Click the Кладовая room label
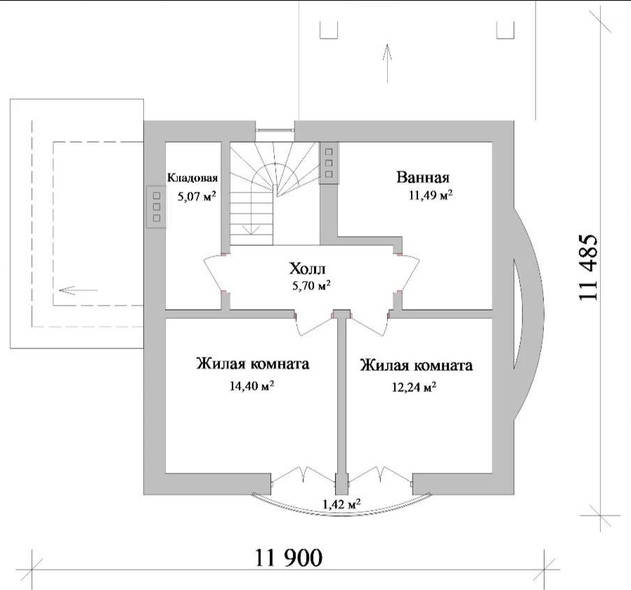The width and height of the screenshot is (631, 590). pos(193,178)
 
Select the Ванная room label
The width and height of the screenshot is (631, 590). pos(423,177)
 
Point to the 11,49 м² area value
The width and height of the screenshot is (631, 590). pos(431,195)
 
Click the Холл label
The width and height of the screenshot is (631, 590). pos(307,268)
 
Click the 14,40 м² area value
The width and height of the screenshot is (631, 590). pos(252,386)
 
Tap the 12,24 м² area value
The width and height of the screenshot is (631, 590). pos(415,387)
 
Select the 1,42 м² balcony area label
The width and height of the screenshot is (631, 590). pos(341,504)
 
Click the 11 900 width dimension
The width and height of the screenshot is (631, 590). pos(289,558)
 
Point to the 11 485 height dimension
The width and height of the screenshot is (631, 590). pos(588,267)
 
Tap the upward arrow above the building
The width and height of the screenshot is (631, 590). pos(388,63)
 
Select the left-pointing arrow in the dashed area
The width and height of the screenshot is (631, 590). pos(78,290)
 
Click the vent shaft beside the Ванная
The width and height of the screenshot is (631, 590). pos(329,163)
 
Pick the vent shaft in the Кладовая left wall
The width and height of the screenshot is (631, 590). pos(157,207)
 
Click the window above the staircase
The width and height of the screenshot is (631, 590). pos(275,130)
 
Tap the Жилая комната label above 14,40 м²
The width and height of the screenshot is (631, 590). pos(253,364)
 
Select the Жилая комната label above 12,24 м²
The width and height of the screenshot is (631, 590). pos(417,365)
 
